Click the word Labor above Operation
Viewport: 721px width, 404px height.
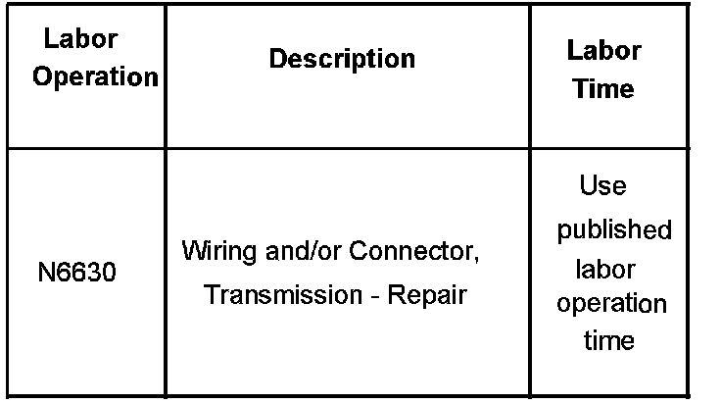pos(81,40)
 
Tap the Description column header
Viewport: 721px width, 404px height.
pos(342,59)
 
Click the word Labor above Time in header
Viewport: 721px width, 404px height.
pos(604,50)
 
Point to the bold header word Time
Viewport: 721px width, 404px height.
pos(603,89)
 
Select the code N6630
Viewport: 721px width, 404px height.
pos(76,273)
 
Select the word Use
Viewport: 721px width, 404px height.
pos(603,186)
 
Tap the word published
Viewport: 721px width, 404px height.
pos(614,230)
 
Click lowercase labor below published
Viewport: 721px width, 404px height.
pos(604,269)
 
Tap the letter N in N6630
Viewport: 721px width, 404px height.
pos(45,273)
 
